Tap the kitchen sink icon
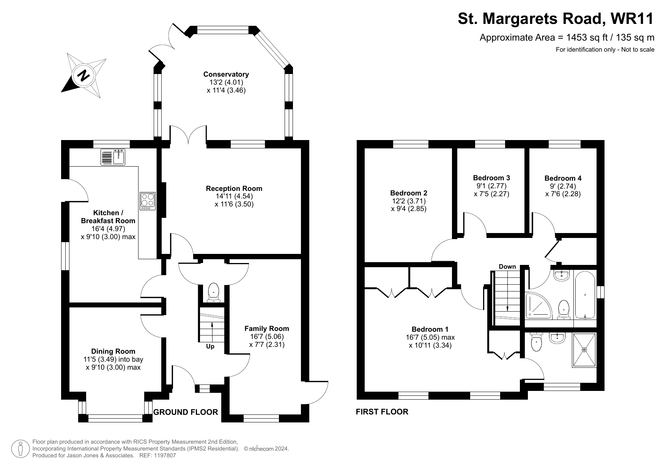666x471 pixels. [x=113, y=157]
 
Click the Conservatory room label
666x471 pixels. [x=226, y=74]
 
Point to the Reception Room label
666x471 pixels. [x=234, y=189]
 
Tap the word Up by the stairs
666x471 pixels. [x=210, y=347]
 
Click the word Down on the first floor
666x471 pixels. [x=507, y=266]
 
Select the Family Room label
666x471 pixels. [x=266, y=329]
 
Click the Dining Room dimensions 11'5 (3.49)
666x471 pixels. [x=113, y=359]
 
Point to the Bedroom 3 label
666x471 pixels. [x=491, y=178]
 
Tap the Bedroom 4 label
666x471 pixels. [x=563, y=178]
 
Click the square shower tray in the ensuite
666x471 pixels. [x=584, y=350]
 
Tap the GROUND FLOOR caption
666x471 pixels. [x=186, y=412]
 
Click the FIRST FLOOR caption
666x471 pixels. [x=382, y=412]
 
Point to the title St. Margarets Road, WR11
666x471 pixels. [x=556, y=19]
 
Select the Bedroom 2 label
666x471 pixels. [x=409, y=193]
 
